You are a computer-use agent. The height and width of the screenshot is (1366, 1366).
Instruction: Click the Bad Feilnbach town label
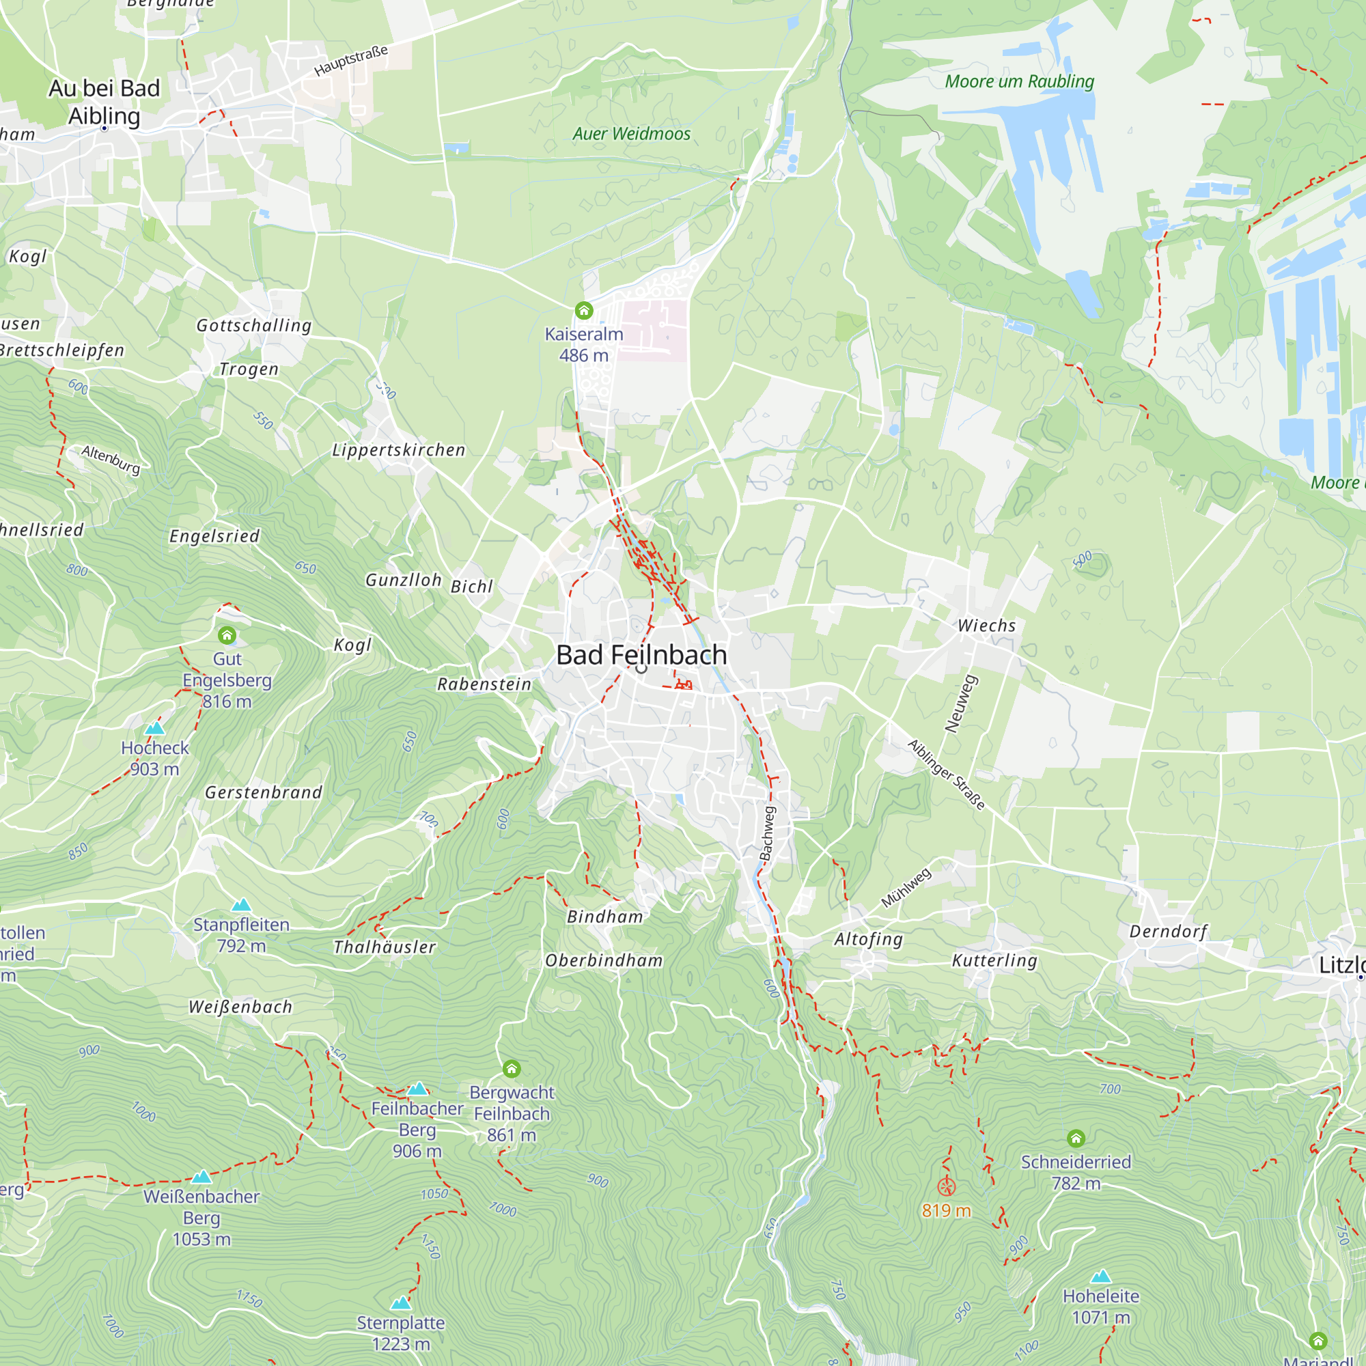click(641, 655)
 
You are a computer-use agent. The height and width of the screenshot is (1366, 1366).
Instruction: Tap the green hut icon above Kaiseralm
click(584, 310)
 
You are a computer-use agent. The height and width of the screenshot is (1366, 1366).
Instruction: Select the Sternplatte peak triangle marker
click(401, 1302)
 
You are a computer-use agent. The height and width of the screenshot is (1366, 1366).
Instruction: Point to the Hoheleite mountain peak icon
click(1101, 1277)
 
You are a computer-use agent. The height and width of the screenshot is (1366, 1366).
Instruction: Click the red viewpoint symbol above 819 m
click(946, 1187)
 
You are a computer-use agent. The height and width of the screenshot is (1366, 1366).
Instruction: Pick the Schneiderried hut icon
click(1076, 1139)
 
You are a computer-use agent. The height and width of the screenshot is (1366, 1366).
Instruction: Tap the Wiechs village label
click(986, 626)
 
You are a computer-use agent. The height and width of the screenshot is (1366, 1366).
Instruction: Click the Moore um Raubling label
click(1020, 82)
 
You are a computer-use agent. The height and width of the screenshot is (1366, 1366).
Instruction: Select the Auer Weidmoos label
click(631, 135)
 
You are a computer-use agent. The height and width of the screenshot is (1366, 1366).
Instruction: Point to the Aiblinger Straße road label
click(946, 775)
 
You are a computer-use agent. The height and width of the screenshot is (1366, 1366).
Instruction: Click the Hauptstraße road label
click(351, 61)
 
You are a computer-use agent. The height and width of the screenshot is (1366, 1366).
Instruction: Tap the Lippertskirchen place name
click(399, 450)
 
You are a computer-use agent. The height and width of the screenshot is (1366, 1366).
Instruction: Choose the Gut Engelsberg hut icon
click(227, 635)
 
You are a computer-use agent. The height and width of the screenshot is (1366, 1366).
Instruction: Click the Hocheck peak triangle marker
click(154, 728)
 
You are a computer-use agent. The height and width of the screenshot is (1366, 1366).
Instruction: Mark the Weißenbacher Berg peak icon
click(201, 1177)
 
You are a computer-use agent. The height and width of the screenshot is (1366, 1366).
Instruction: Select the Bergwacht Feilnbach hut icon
click(512, 1068)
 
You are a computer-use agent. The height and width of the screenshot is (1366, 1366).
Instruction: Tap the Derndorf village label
click(1168, 931)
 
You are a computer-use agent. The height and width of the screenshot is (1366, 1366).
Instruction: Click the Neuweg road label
click(962, 704)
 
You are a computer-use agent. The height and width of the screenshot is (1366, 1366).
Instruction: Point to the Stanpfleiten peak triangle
click(242, 905)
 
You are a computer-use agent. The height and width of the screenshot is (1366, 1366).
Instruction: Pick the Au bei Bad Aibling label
click(104, 102)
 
